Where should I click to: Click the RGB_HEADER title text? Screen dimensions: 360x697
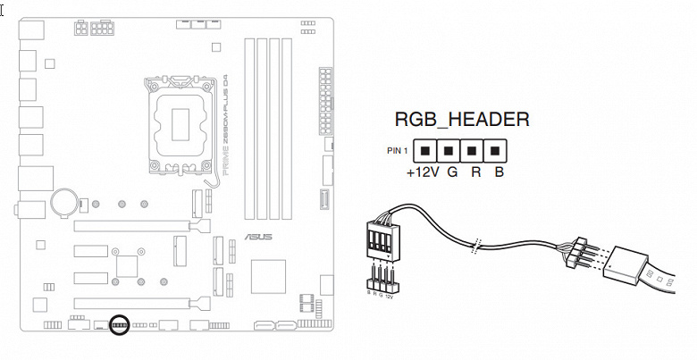pyautogui.click(x=461, y=120)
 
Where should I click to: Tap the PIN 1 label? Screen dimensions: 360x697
pyautogui.click(x=398, y=149)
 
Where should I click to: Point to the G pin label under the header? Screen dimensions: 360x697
pyautogui.click(x=452, y=172)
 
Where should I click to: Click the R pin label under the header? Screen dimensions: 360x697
pyautogui.click(x=476, y=172)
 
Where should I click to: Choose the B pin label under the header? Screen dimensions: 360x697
pyautogui.click(x=500, y=172)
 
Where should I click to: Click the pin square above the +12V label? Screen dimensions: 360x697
pyautogui.click(x=428, y=149)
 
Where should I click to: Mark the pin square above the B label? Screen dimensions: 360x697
pyautogui.click(x=496, y=149)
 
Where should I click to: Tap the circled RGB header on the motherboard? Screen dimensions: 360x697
pyautogui.click(x=118, y=324)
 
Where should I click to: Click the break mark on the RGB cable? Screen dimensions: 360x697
pyautogui.click(x=477, y=243)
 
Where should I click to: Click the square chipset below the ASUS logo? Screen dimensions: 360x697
pyautogui.click(x=268, y=276)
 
